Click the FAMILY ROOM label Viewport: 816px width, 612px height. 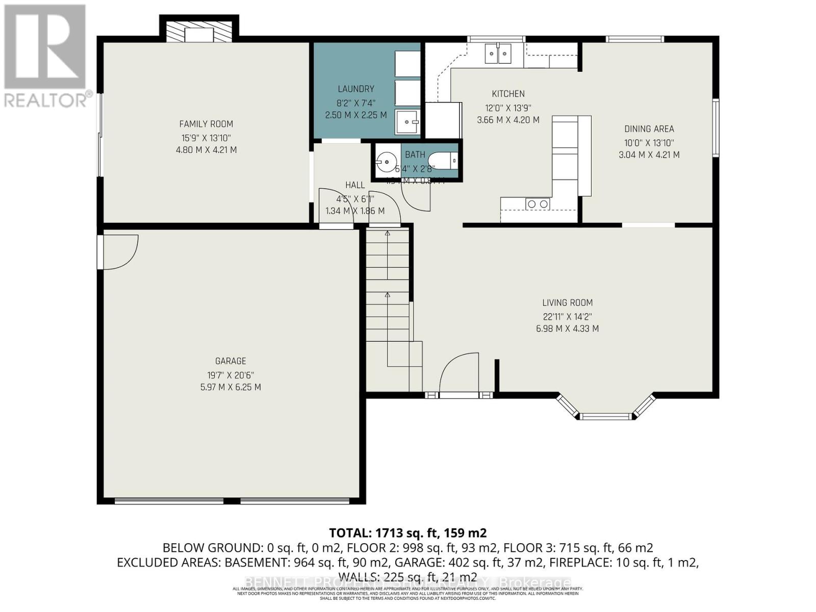[206, 124]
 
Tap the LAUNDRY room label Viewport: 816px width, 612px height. [355, 89]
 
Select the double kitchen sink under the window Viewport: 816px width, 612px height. [498, 53]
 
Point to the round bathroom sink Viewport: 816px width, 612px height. [387, 163]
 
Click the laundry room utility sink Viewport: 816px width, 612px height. [407, 122]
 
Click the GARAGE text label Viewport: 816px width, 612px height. [231, 361]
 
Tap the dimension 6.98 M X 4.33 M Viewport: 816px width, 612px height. [567, 329]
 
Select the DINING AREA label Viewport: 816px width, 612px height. [649, 129]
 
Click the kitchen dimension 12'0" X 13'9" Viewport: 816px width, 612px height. [508, 108]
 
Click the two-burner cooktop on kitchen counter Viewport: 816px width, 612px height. [538, 204]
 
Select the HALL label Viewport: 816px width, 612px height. [355, 185]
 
